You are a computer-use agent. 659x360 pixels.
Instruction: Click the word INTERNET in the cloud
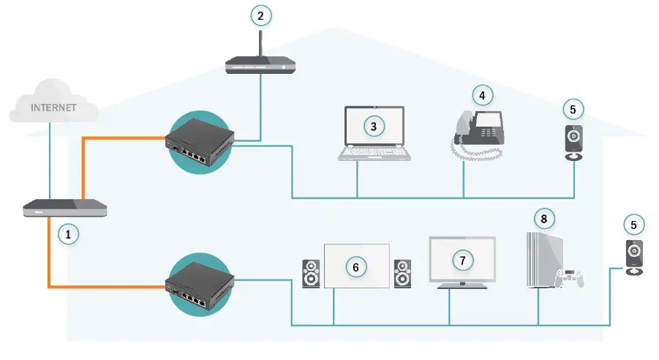pyautogui.click(x=53, y=108)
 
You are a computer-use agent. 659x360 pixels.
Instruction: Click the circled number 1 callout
pyautogui.click(x=68, y=234)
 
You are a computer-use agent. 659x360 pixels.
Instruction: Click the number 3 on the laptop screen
pyautogui.click(x=374, y=127)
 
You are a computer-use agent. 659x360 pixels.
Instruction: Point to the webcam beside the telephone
pyautogui.click(x=573, y=142)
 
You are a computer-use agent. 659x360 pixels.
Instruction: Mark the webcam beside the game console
pyautogui.click(x=633, y=256)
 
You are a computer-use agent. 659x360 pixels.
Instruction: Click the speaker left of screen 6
pyautogui.click(x=312, y=274)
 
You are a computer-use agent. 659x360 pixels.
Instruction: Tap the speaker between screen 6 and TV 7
pyautogui.click(x=402, y=274)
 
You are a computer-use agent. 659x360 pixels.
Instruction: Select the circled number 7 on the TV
pyautogui.click(x=462, y=259)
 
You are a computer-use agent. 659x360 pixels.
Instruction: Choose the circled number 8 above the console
pyautogui.click(x=543, y=218)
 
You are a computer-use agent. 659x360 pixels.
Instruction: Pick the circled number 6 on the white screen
pyautogui.click(x=356, y=267)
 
